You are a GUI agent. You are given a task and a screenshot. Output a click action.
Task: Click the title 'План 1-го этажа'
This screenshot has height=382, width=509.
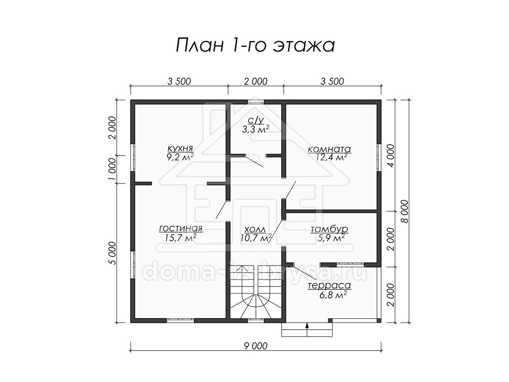tap(255, 45)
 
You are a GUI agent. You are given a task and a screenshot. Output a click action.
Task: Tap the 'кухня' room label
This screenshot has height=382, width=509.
tap(180, 148)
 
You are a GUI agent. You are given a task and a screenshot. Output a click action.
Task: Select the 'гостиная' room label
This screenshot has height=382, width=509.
tap(181, 228)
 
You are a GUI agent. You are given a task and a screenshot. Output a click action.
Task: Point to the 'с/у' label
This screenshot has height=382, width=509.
tap(256, 121)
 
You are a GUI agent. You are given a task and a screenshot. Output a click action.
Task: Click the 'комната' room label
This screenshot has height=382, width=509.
tap(329, 149)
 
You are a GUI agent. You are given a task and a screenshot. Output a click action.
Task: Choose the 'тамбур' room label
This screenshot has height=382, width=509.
tap(329, 229)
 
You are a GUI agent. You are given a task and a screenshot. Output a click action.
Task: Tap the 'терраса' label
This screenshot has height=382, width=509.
tap(329, 286)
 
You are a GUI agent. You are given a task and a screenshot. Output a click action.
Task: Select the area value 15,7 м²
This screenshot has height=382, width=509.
tap(181, 238)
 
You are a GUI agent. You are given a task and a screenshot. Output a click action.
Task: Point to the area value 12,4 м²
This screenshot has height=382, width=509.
tap(331, 157)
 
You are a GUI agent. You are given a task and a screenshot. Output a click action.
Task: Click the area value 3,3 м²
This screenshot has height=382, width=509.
tap(255, 129)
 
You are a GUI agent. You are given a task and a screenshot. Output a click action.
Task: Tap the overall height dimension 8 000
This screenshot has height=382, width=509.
tap(405, 211)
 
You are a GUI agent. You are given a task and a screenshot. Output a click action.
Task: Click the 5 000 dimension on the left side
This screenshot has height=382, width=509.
tap(113, 253)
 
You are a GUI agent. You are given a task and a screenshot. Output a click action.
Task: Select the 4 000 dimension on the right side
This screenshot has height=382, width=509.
tap(391, 156)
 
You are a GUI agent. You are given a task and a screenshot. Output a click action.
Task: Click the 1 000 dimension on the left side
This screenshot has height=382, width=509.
tap(113, 169)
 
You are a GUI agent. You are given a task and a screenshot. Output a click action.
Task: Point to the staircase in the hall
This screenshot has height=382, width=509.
tap(256, 292)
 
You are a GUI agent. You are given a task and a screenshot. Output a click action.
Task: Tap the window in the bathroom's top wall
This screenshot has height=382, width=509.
tap(256, 102)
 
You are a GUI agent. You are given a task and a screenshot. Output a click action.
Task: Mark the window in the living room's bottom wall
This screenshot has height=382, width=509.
tap(180, 320)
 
